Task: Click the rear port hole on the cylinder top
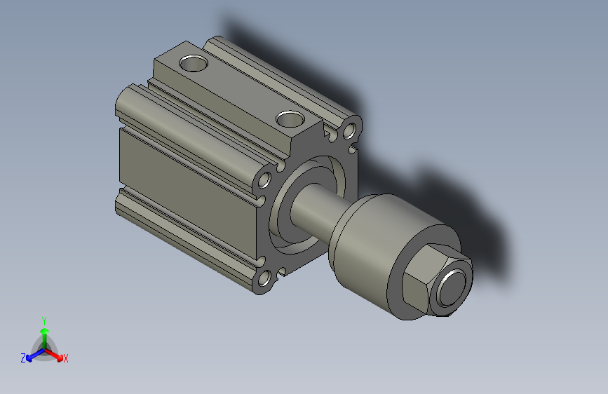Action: click(194, 63)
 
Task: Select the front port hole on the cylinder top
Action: click(289, 119)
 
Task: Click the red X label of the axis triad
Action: click(66, 358)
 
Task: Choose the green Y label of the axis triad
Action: click(43, 320)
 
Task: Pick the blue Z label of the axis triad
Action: click(23, 358)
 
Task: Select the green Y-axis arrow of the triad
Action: click(43, 334)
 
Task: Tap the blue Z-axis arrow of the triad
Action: click(32, 355)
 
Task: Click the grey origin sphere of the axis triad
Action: click(44, 348)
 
